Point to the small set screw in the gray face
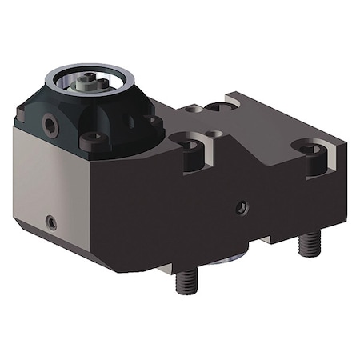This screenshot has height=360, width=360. point(50,221)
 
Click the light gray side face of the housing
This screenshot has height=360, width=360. point(48,184)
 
